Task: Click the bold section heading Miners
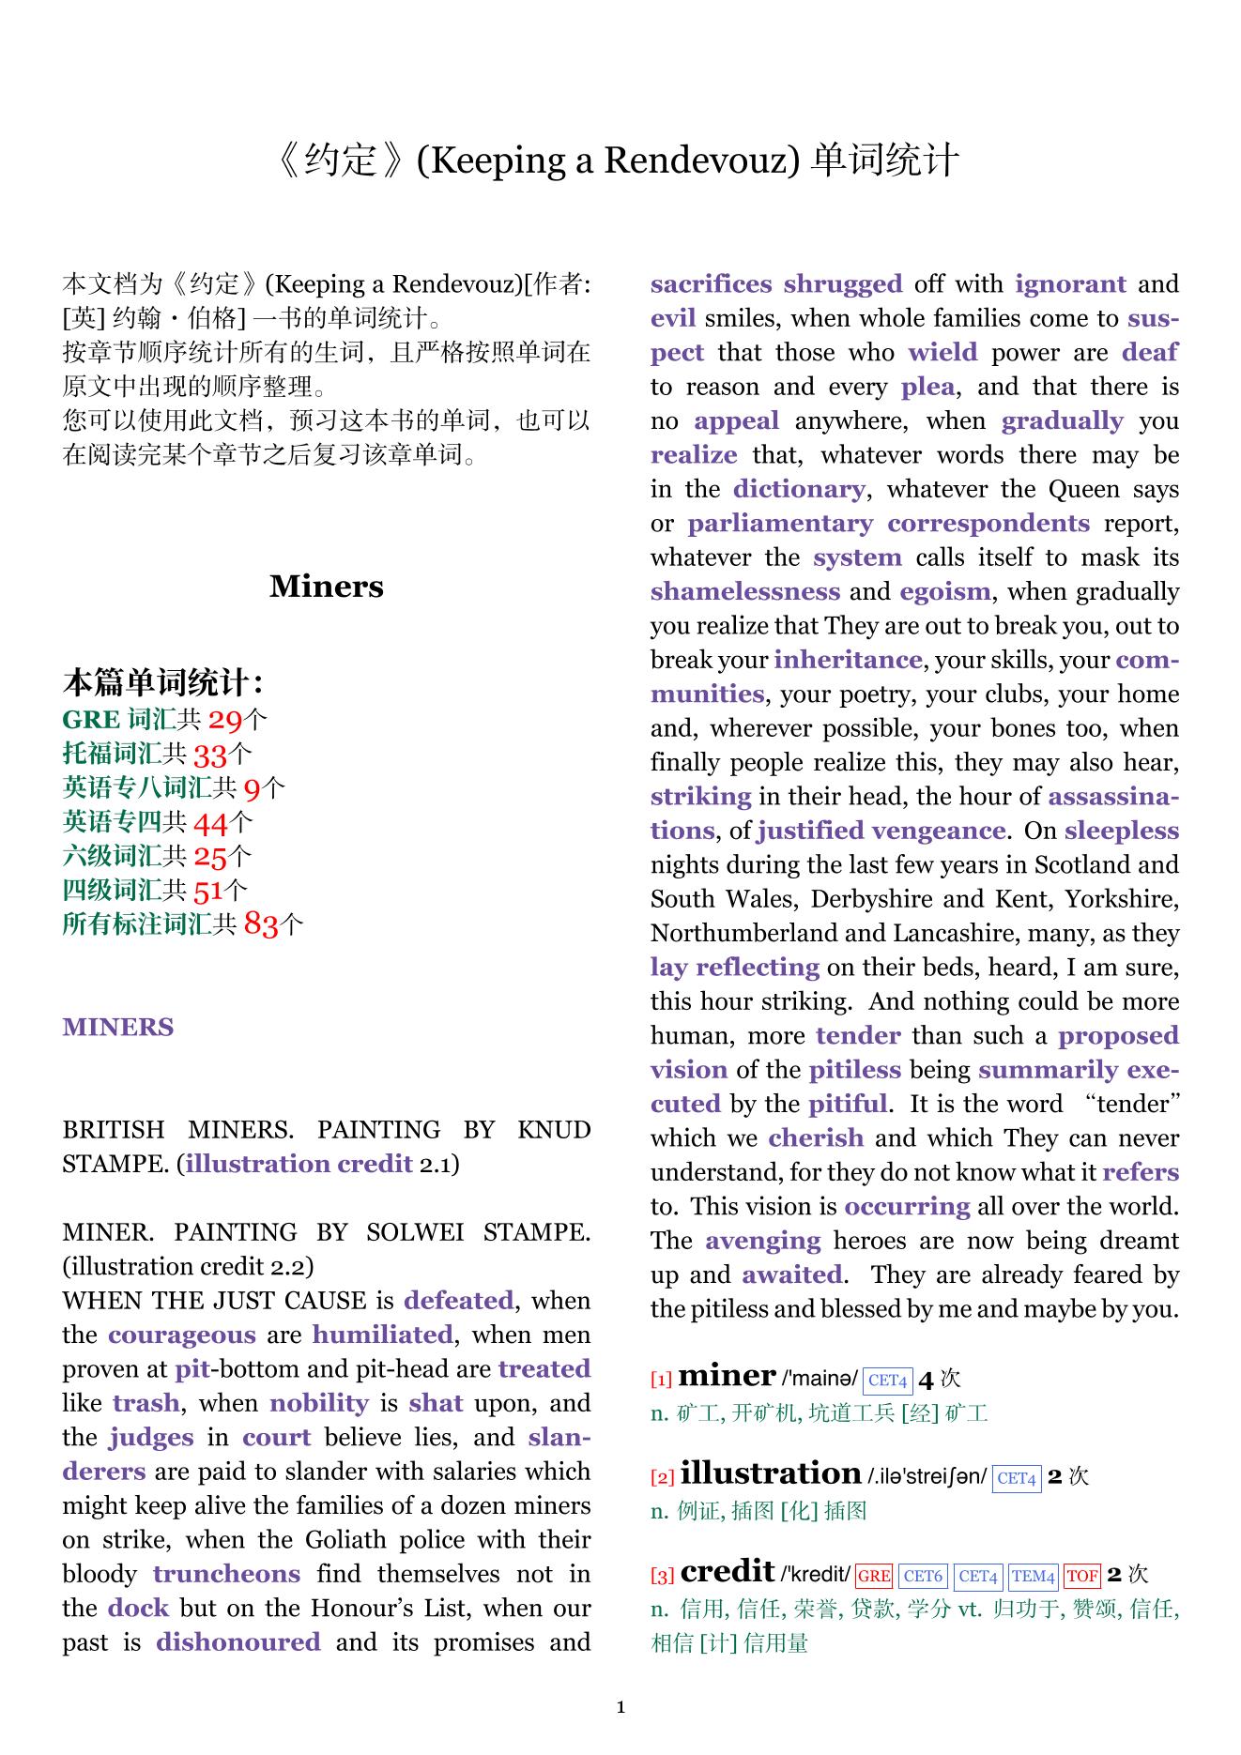click(x=327, y=587)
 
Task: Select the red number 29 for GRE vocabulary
click(x=225, y=721)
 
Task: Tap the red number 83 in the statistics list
click(x=262, y=925)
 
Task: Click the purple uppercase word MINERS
click(x=118, y=1028)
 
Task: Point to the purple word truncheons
click(x=226, y=1574)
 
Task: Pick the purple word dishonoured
click(x=238, y=1642)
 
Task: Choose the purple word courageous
click(x=182, y=1335)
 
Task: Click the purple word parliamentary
click(x=780, y=524)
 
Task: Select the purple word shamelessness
click(x=745, y=592)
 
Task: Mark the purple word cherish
click(x=816, y=1138)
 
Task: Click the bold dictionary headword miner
click(x=727, y=1376)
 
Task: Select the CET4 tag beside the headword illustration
click(x=1017, y=1479)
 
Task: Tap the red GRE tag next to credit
click(x=874, y=1577)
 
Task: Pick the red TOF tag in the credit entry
click(x=1082, y=1577)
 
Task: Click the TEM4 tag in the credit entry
click(x=1034, y=1577)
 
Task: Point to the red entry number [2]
click(x=662, y=1478)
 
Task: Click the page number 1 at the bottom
click(x=620, y=1707)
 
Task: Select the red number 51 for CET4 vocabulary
click(x=208, y=891)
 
